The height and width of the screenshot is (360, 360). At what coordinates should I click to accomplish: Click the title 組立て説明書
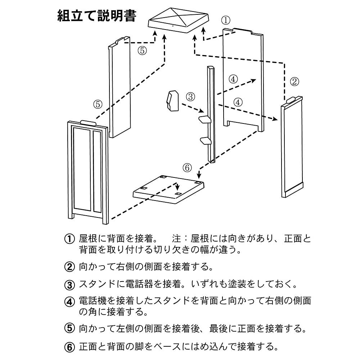pos(97,15)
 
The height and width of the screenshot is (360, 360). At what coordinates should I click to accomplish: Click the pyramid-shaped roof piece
pos(179,20)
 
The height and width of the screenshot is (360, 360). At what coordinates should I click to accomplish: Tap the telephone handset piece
pos(172,100)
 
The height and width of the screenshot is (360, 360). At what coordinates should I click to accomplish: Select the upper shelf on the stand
pos(205,120)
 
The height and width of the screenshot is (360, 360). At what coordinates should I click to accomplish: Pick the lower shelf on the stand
pos(206,141)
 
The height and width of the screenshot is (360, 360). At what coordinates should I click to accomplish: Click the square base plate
pos(169,190)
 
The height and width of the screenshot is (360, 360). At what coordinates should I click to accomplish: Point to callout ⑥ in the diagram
pos(187,168)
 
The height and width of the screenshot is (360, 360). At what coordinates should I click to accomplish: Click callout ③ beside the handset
pos(190,96)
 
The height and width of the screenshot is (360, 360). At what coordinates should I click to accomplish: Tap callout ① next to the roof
pos(226,20)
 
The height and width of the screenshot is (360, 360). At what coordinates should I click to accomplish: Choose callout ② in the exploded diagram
pos(294,81)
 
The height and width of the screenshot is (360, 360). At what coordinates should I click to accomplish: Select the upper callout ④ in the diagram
pos(233,79)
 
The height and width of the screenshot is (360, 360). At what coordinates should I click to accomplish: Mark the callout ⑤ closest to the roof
pos(142,50)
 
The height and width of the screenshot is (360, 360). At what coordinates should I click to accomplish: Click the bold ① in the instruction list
pos(69,239)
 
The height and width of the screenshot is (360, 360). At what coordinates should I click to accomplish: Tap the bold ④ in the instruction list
pos(69,302)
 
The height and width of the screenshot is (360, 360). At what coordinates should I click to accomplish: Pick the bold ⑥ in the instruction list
pos(69,347)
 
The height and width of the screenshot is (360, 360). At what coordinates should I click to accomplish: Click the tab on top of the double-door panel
pos(88,122)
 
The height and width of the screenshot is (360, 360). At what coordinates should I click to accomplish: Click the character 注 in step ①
pos(176,239)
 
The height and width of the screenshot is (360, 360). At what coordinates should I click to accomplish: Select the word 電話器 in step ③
pos(139,284)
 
